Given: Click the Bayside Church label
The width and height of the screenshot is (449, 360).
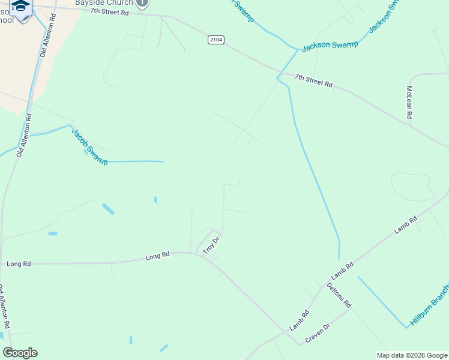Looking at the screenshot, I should point(104,2).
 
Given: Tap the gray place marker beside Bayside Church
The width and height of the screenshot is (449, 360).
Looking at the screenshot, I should point(142,3).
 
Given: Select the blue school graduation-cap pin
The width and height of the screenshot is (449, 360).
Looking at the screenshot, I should point(22,8).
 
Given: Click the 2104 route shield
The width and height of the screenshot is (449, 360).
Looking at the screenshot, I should point(216,40).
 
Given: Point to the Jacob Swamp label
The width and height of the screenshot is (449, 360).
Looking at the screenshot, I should point(89,146).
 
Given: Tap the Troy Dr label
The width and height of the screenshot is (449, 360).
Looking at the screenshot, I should point(212,245).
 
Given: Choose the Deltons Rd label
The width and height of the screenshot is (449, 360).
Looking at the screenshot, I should point(339,295).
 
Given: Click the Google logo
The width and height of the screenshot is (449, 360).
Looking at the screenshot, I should point(20,353).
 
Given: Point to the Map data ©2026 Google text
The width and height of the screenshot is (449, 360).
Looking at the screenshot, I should point(411,355).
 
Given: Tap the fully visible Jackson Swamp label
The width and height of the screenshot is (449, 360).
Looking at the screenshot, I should point(330,45).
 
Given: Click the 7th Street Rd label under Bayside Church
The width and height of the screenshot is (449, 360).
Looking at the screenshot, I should point(110,12).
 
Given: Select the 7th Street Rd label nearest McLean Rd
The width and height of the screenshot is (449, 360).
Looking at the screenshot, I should point(313,80).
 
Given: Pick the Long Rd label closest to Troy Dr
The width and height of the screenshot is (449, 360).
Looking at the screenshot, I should point(157,257).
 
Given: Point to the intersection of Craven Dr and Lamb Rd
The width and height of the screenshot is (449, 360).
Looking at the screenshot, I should point(300,344).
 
